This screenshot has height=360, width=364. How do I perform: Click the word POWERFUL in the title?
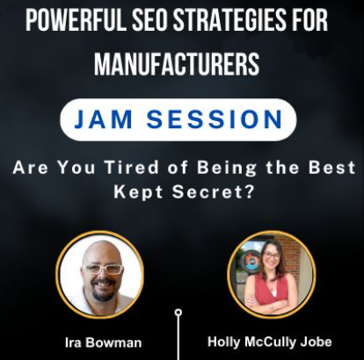(x=76, y=18)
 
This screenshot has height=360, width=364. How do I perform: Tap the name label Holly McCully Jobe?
(x=269, y=342)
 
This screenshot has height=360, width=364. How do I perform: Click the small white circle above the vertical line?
(x=178, y=312)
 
